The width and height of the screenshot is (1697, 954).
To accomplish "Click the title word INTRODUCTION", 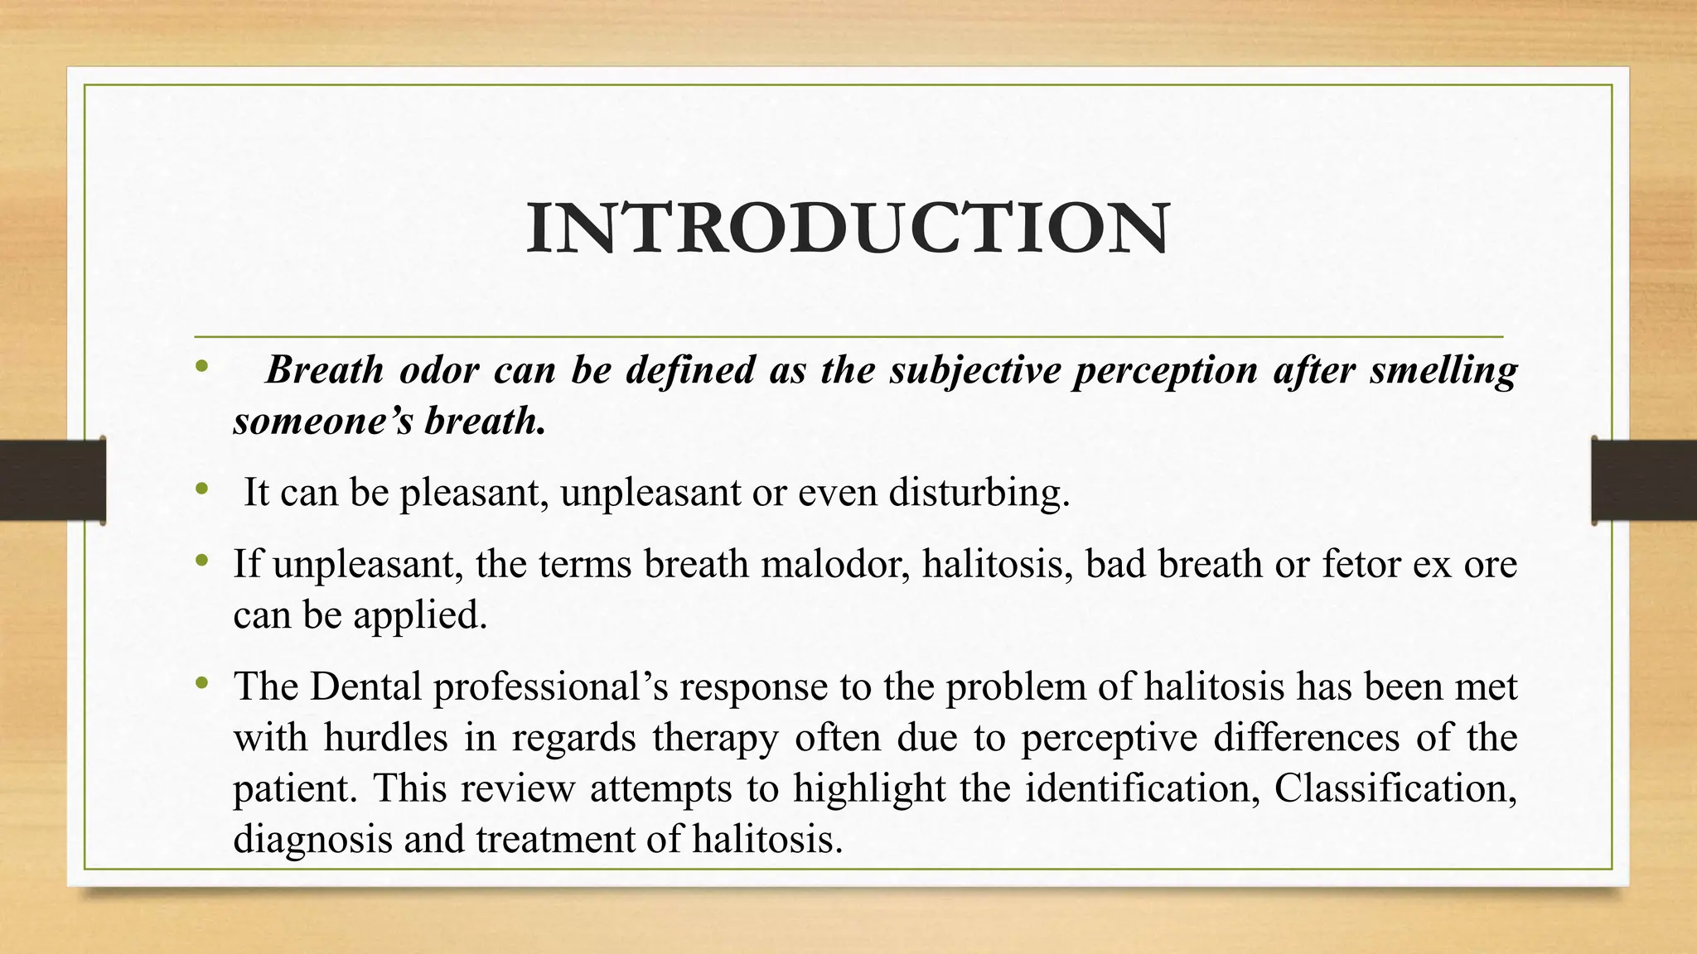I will (x=848, y=227).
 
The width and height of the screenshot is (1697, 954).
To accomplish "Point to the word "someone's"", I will (x=322, y=421).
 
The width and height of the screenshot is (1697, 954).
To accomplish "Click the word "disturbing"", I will (x=979, y=493).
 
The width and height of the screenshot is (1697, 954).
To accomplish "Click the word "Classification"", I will (x=1395, y=788).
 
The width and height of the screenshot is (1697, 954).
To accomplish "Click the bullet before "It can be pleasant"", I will (x=200, y=491).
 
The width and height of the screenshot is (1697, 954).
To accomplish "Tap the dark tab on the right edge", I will (x=1644, y=480).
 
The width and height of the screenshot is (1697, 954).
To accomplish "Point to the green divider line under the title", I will (x=848, y=337).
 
